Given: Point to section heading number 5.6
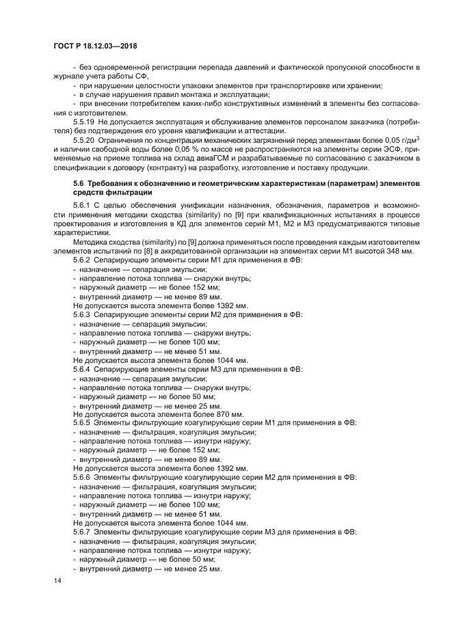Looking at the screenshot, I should coord(79,185).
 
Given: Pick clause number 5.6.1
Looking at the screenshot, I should coord(82,205).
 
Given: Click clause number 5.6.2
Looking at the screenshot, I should coord(82,260).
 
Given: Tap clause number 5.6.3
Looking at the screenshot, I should coord(82,316).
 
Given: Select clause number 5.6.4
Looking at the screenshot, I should coord(82,369).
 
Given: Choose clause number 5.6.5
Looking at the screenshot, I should coord(82,422).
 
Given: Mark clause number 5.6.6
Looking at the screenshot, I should coord(82,476).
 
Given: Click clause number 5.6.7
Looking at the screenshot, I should coord(82,531).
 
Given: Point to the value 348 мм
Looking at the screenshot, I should coord(400,251).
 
